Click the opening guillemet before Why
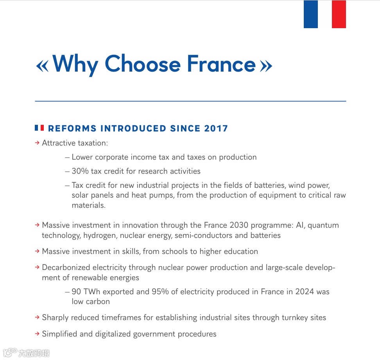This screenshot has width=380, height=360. click(42, 66)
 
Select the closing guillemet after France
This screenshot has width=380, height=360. click(266, 66)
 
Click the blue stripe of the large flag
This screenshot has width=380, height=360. click(311, 14)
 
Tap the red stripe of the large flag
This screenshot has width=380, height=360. click(339, 14)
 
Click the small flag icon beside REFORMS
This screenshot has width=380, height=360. click(39, 128)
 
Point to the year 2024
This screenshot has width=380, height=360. click(305, 292)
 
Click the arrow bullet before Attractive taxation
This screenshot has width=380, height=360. click(38, 143)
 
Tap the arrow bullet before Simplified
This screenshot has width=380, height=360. click(38, 334)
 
